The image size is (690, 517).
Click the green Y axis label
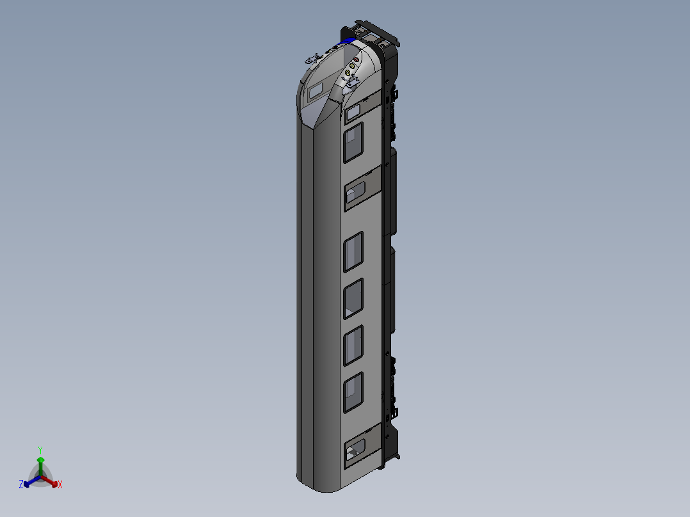[x=40, y=450]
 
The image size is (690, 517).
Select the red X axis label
[x=60, y=485]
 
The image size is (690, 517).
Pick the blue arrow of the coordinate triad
[x=28, y=482]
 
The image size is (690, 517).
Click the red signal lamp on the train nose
[x=356, y=59]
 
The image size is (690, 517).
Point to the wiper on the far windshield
[x=313, y=59]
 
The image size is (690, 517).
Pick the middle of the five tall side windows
[x=353, y=299]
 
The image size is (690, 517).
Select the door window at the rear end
[x=354, y=450]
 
